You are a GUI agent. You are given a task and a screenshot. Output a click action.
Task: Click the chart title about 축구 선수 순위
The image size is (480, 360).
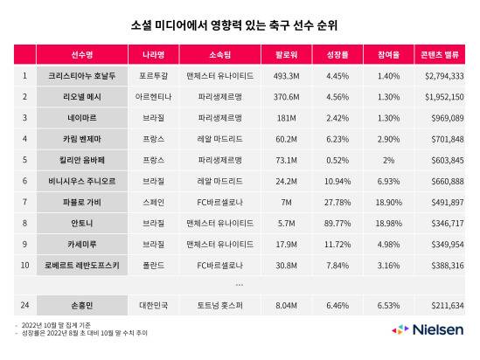(x=240, y=25)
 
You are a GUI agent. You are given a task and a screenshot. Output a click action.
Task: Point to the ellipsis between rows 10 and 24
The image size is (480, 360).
(x=240, y=284)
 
